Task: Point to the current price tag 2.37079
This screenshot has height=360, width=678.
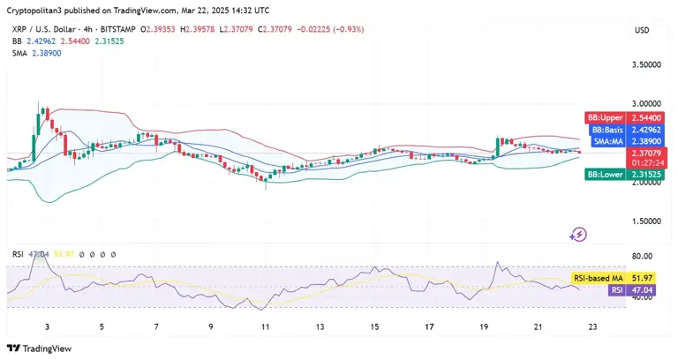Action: [643, 153]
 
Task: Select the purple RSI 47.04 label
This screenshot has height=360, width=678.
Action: [627, 289]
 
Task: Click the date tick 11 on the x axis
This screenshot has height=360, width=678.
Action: [265, 326]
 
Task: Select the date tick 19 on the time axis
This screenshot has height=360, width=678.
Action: [484, 326]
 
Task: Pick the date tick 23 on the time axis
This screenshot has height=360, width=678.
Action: [593, 326]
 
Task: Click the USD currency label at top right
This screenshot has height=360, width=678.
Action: [642, 30]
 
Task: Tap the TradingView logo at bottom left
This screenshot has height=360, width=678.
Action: [40, 348]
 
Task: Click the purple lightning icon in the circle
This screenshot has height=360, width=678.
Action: [579, 235]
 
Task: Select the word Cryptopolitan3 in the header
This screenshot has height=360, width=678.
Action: [34, 10]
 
